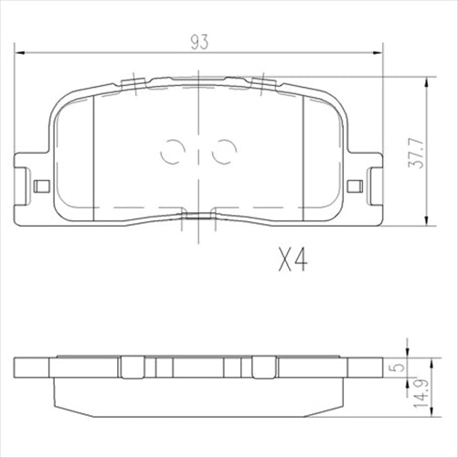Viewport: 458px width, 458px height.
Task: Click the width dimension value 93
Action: pyautogui.click(x=198, y=41)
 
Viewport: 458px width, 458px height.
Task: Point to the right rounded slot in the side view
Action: pyautogui.click(x=265, y=367)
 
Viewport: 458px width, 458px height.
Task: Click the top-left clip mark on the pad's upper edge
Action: pyautogui.click(x=133, y=83)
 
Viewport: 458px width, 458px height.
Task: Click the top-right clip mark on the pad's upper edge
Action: pyautogui.click(x=263, y=83)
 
